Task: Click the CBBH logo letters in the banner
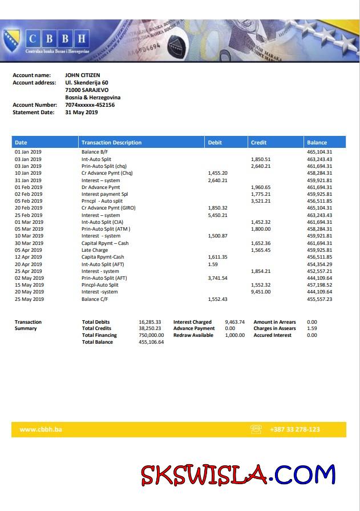[x=57, y=39]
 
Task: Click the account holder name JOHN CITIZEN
[x=83, y=75]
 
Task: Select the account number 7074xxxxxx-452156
[x=90, y=105]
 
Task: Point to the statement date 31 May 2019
[x=81, y=112]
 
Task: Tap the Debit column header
[x=215, y=143]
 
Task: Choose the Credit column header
[x=258, y=143]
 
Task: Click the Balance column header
[x=317, y=143]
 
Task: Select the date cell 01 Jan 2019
[x=28, y=152]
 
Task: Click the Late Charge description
[x=95, y=250]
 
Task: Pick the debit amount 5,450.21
[x=218, y=215]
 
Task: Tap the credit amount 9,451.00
[x=261, y=292]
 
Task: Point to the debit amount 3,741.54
[x=218, y=278]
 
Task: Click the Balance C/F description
[x=94, y=299]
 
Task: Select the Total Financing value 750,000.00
[x=151, y=335]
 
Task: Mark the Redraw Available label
[x=193, y=335]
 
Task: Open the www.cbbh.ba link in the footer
[x=41, y=429]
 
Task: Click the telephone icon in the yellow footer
[x=256, y=429]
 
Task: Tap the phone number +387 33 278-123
[x=295, y=429]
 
